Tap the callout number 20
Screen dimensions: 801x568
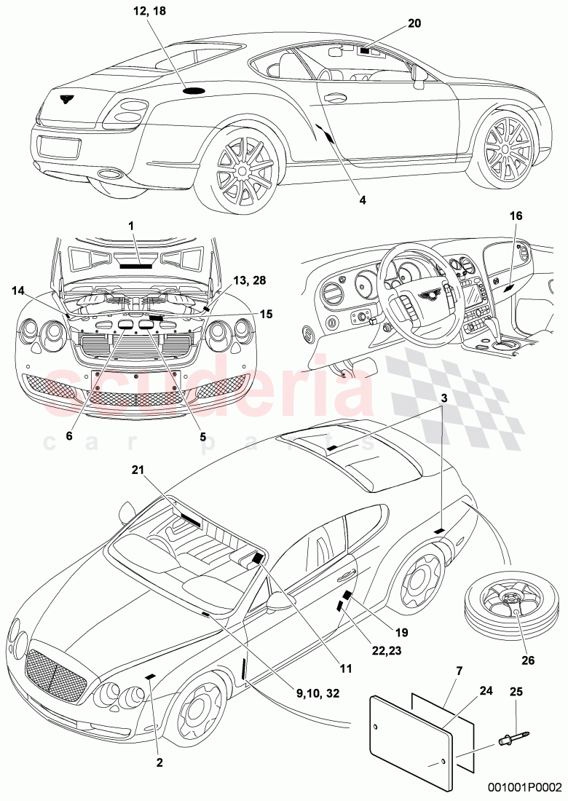click(414, 23)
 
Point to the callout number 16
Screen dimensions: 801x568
click(516, 216)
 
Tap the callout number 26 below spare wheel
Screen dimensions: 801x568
click(529, 661)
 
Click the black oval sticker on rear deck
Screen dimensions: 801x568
click(194, 90)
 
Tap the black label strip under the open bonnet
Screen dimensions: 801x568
click(135, 266)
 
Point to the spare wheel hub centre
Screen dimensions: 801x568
click(516, 613)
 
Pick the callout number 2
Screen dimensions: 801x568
click(159, 743)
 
